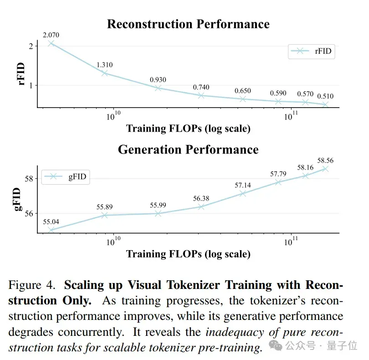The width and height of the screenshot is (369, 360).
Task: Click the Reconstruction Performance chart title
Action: pyautogui.click(x=188, y=24)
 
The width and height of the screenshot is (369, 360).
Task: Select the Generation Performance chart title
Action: pyautogui.click(x=188, y=149)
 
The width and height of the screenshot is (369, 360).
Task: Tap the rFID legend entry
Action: pyautogui.click(x=311, y=51)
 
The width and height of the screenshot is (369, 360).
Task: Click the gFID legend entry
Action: pyautogui.click(x=66, y=177)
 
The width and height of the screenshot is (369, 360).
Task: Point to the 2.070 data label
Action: pyautogui.click(x=51, y=35)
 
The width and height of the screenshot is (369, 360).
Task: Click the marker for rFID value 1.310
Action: pyautogui.click(x=105, y=73)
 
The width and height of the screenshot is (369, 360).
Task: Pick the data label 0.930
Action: pyautogui.click(x=158, y=80)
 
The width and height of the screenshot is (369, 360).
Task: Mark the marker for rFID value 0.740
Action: pyautogui.click(x=201, y=95)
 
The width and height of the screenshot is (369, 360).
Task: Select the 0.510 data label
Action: pyautogui.click(x=325, y=96)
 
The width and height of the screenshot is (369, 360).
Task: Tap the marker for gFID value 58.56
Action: pyautogui.click(x=325, y=169)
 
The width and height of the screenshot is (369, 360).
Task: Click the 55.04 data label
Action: pyautogui.click(x=51, y=222)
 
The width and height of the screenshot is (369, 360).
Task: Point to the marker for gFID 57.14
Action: pyautogui.click(x=243, y=194)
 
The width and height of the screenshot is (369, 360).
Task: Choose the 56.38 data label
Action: pyautogui.click(x=201, y=199)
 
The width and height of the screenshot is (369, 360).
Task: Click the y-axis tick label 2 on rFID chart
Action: pyautogui.click(x=31, y=46)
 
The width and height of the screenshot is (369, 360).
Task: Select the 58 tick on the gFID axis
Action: pyautogui.click(x=29, y=179)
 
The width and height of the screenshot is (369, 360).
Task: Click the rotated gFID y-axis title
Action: pyautogui.click(x=17, y=199)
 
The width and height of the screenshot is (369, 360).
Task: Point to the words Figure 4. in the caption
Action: pyautogui.click(x=32, y=285)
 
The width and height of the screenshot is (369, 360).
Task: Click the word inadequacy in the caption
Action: pyautogui.click(x=235, y=333)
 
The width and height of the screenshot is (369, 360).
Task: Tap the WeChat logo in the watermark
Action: pyautogui.click(x=276, y=345)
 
